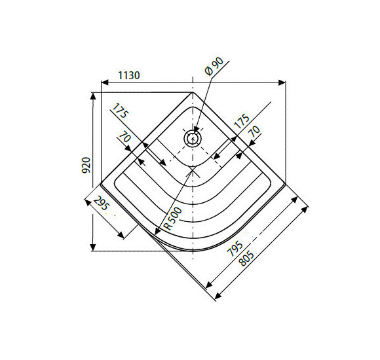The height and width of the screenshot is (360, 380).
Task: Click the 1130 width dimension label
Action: click(129, 76)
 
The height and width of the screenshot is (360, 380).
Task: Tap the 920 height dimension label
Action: click(86, 166)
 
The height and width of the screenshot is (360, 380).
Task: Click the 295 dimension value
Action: click(102, 205)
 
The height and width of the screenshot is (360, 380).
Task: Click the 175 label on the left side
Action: click(119, 112)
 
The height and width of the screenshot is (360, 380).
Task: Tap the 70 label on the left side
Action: click(123, 138)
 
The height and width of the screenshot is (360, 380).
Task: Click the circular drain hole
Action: click(192, 137)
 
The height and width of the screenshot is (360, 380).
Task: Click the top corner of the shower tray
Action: click(192, 93)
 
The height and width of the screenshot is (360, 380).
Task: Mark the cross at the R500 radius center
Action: click(192, 168)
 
